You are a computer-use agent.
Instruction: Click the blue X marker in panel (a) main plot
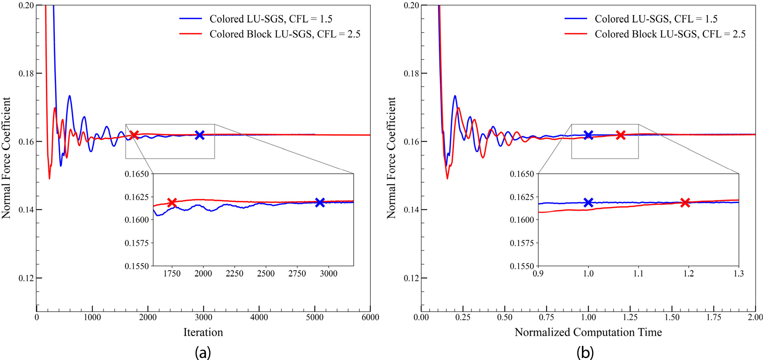click(x=199, y=135)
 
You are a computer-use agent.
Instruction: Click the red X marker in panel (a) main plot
click(x=134, y=135)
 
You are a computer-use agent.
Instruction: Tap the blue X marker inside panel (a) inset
click(x=320, y=202)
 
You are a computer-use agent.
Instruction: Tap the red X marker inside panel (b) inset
click(x=685, y=202)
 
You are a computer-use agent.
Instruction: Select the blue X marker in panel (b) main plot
click(x=588, y=135)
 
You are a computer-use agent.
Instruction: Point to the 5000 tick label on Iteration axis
click(x=315, y=317)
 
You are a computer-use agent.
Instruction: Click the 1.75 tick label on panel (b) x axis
click(x=714, y=317)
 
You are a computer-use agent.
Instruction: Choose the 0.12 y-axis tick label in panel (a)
click(x=26, y=278)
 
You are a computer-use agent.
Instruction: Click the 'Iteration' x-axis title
click(x=203, y=332)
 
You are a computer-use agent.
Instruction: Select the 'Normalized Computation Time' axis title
click(x=588, y=332)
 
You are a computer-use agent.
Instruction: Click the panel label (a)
click(x=203, y=352)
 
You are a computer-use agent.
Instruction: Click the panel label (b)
click(x=585, y=352)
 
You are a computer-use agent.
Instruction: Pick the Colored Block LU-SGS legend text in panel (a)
click(x=285, y=34)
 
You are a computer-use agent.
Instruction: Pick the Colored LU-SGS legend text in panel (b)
click(x=656, y=19)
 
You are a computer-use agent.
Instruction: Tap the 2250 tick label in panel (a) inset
click(x=234, y=274)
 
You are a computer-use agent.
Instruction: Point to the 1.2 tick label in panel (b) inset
click(x=689, y=274)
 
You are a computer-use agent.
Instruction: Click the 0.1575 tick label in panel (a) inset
click(x=136, y=243)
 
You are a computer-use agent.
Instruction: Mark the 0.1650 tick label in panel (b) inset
click(x=522, y=174)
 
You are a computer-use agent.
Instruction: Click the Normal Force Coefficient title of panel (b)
click(x=391, y=158)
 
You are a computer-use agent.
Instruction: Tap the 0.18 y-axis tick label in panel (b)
click(x=411, y=73)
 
